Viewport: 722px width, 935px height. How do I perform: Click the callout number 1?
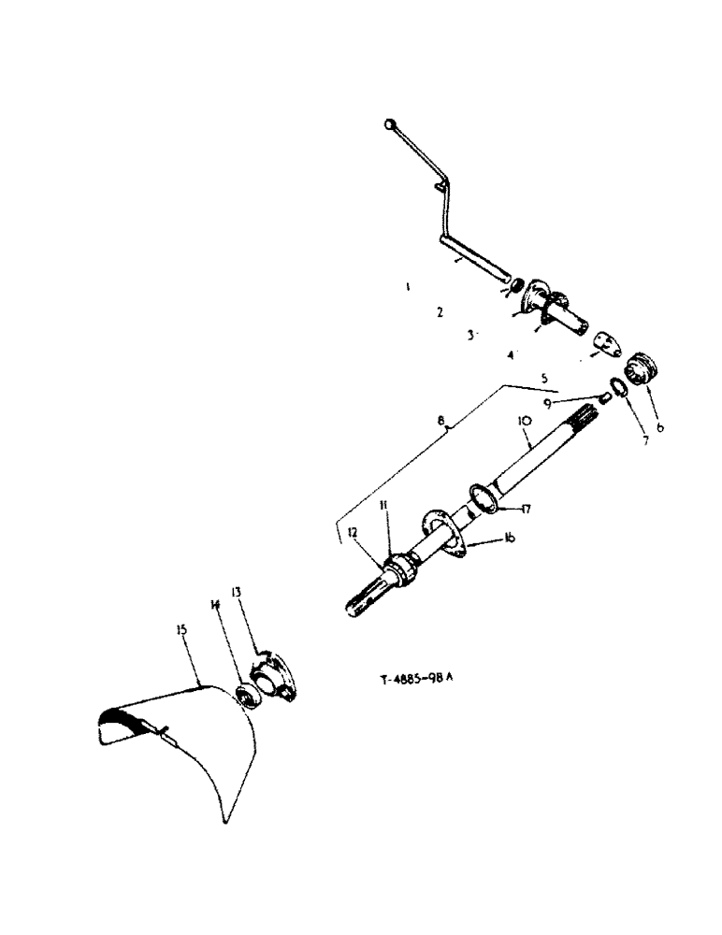click(x=408, y=288)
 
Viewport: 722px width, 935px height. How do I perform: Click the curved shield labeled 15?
click(x=178, y=739)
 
